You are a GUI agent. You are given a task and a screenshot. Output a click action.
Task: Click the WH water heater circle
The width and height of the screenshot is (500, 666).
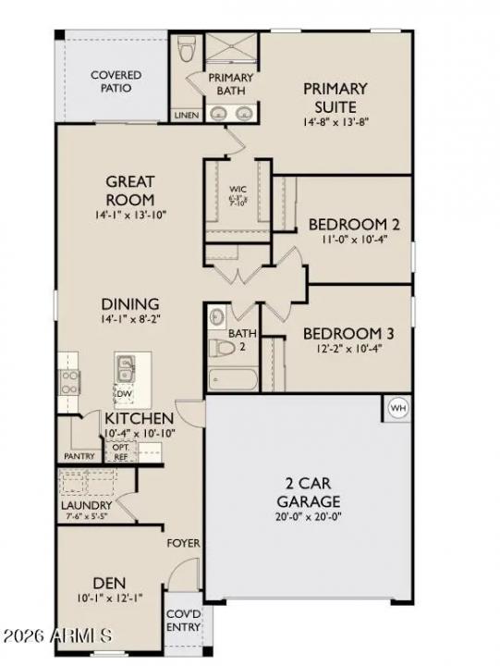[x=398, y=408]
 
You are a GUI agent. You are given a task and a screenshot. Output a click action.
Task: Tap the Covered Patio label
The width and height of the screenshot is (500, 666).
[x=116, y=81]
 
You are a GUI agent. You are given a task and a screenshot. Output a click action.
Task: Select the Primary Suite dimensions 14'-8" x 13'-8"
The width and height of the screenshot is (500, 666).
[x=335, y=122]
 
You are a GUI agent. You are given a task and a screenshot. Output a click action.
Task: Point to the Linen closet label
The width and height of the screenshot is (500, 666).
[x=185, y=116]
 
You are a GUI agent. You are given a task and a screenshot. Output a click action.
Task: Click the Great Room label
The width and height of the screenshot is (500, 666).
[x=129, y=191]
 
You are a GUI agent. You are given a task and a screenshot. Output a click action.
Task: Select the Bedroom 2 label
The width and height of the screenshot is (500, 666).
[x=341, y=224]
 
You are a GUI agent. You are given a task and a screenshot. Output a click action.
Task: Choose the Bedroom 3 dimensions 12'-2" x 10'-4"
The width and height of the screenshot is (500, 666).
[x=330, y=350]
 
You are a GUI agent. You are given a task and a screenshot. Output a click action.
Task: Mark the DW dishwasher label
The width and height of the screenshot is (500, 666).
[x=124, y=394]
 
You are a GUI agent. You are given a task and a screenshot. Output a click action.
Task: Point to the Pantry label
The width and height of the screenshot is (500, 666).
[x=79, y=456]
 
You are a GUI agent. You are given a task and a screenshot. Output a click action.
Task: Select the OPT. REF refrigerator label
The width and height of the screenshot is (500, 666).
[x=121, y=450]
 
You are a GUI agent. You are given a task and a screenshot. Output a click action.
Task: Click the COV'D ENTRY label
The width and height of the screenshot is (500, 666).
[x=183, y=620]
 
